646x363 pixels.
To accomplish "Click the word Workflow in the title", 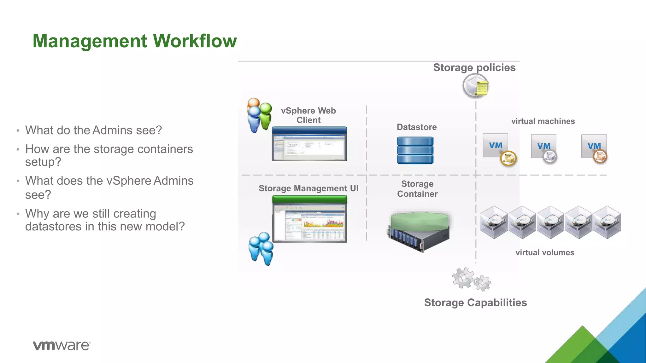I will coord(195,41).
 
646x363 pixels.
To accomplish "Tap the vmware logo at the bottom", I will coord(62,345).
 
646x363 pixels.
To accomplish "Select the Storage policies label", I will coord(474,67).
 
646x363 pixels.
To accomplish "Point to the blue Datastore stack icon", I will coord(415,150).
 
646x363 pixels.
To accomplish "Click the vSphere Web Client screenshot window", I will coord(309,144).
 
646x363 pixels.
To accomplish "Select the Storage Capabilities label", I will coord(475,302).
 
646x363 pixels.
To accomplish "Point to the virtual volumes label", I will coord(545,252).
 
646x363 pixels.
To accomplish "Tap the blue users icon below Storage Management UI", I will coord(261,248).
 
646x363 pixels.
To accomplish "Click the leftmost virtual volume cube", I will coord(494,222).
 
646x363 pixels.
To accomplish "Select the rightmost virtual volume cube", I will coord(607,222).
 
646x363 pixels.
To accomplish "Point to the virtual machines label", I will coord(543,121).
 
